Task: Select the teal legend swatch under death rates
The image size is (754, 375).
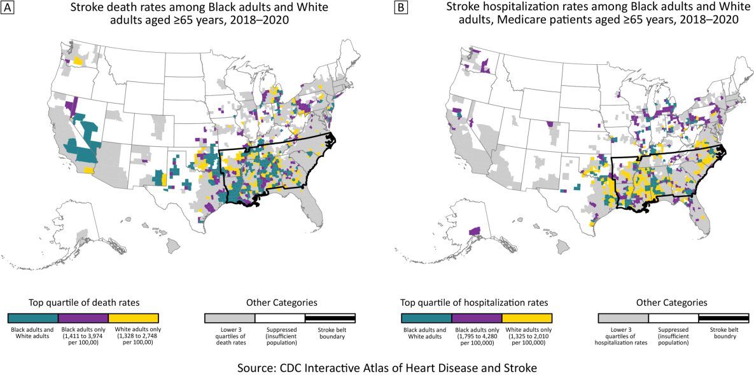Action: (x=32, y=318)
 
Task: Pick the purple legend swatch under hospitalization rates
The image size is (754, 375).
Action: (x=477, y=318)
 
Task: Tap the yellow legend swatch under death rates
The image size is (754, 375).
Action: (x=133, y=318)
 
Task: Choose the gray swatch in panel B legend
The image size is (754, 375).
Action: (x=623, y=318)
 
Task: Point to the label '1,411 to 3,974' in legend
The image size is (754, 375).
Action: (x=83, y=336)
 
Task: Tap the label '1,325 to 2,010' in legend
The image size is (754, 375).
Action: (x=527, y=336)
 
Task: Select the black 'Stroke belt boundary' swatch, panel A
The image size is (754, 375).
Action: (x=330, y=318)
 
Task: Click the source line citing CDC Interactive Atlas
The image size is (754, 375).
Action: (x=377, y=367)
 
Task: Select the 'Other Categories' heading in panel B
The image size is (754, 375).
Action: (x=673, y=303)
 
